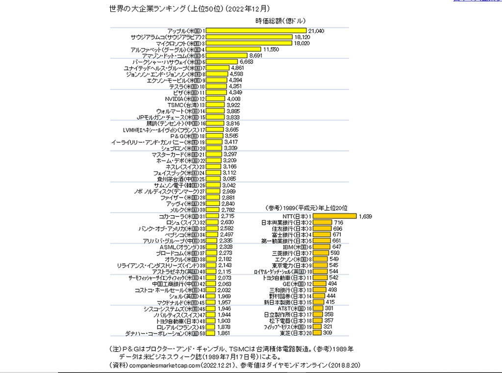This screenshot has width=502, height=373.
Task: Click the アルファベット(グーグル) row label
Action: click(x=165, y=50)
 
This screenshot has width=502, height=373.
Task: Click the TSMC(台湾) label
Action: click(x=182, y=105)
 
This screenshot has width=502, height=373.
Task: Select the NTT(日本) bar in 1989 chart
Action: click(x=335, y=216)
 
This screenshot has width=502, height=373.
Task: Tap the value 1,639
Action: click(x=366, y=216)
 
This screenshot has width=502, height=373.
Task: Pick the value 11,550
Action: click(x=272, y=50)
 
